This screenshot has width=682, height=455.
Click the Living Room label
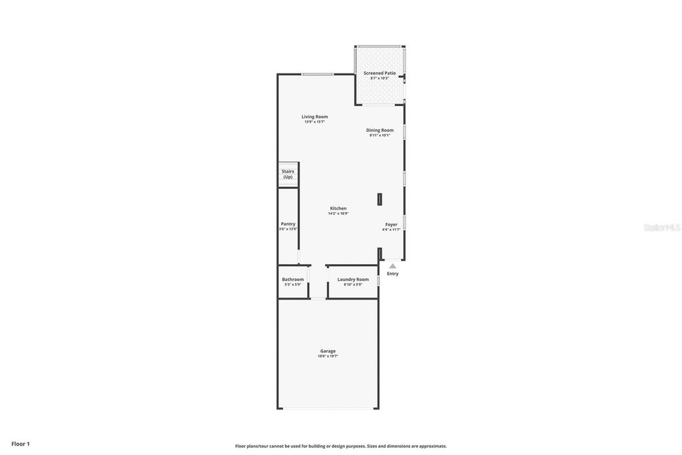pyautogui.click(x=314, y=117)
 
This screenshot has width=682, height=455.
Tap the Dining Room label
pyautogui.click(x=380, y=130)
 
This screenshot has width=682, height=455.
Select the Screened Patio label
pyautogui.click(x=379, y=73)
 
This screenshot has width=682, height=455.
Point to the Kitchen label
pyautogui.click(x=338, y=209)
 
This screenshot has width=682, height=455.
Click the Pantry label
pyautogui.click(x=288, y=224)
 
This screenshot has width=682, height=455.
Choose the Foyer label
pyautogui.click(x=391, y=225)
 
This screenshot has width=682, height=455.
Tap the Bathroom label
pyautogui.click(x=292, y=280)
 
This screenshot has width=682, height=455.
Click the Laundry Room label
pyautogui.click(x=352, y=280)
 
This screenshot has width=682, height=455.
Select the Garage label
pyautogui.click(x=328, y=351)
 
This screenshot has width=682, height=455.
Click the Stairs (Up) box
pyautogui.click(x=288, y=174)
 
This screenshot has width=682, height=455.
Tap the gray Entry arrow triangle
pyautogui.click(x=392, y=266)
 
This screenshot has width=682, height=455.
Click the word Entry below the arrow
pyautogui.click(x=393, y=274)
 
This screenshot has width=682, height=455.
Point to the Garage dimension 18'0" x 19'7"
pyautogui.click(x=328, y=357)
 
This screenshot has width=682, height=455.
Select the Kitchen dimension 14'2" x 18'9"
pyautogui.click(x=338, y=214)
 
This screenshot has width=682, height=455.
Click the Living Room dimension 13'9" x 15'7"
pyautogui.click(x=314, y=122)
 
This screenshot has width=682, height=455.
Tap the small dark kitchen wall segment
pyautogui.click(x=380, y=199)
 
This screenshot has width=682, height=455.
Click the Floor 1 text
pyautogui.click(x=21, y=444)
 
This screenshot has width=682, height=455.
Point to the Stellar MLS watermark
pyautogui.click(x=661, y=227)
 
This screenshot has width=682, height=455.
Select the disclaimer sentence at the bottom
pyautogui.click(x=341, y=446)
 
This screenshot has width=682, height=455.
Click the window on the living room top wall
pyautogui.click(x=317, y=74)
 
